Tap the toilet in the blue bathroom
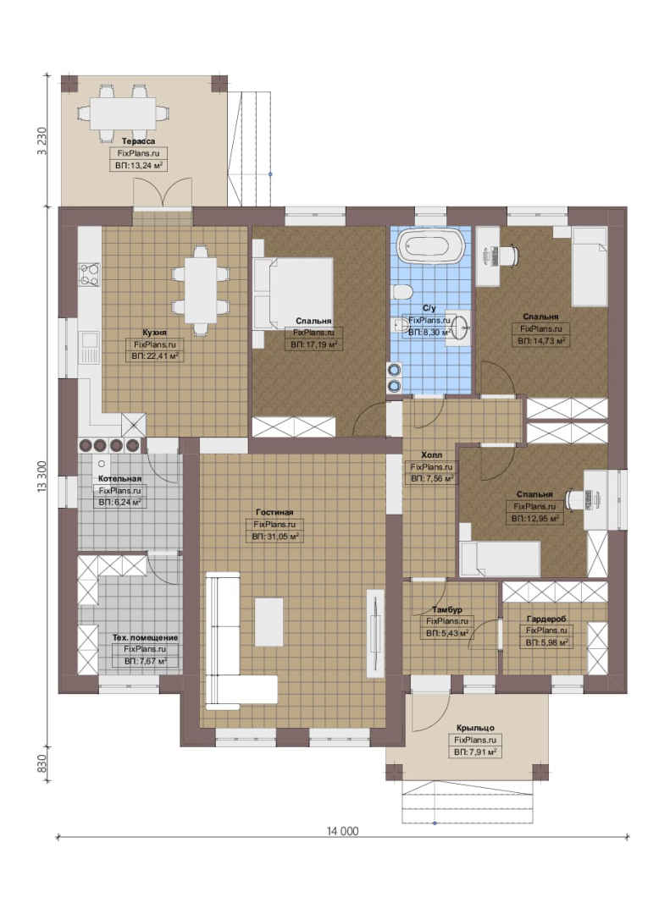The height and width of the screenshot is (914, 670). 403,291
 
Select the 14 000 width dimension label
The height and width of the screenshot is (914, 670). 342,831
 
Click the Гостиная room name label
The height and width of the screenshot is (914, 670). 274,512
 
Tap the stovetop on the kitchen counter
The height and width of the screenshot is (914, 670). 89,276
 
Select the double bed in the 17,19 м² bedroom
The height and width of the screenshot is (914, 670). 293,293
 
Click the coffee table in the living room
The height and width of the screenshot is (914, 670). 269,621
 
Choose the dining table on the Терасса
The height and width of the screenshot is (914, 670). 124,113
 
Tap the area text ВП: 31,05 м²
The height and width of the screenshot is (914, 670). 275,537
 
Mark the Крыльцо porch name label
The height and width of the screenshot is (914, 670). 476,728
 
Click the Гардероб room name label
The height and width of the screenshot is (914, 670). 545,619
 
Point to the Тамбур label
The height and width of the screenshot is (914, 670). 447,609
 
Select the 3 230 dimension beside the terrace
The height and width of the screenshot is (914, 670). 42,141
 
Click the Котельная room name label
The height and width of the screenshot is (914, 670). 119,478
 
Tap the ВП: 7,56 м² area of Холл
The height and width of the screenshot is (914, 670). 431,478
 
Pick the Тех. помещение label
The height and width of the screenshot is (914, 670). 146,638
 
